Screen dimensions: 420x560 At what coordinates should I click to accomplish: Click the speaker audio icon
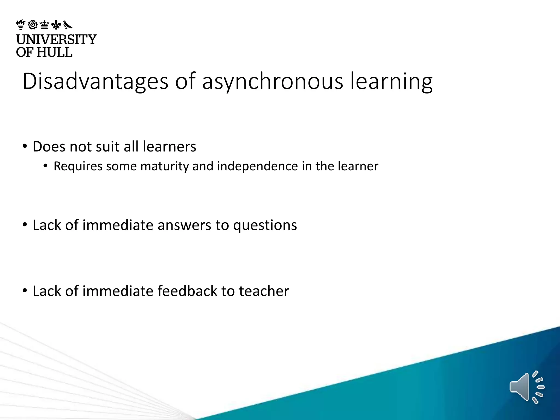[527, 387]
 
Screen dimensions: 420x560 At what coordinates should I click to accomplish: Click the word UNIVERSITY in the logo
[56, 40]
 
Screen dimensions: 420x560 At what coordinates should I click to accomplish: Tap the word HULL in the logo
[54, 52]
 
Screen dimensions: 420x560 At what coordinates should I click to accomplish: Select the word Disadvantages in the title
[95, 81]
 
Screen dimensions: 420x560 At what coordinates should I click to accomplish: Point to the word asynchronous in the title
[272, 82]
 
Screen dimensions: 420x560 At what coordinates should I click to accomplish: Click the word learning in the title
[391, 82]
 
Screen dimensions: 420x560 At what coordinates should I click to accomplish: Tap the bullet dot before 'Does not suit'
[25, 146]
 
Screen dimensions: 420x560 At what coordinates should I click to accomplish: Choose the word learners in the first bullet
[169, 147]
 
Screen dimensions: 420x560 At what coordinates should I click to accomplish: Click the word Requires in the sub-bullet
[78, 166]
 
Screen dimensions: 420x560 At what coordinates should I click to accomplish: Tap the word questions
[265, 226]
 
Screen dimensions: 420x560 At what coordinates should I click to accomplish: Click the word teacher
[264, 291]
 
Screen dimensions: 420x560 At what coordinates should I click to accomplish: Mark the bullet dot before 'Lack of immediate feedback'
[25, 290]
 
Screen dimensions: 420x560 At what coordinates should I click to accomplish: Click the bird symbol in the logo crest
[68, 25]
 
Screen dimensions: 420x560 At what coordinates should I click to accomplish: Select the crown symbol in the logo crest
[44, 25]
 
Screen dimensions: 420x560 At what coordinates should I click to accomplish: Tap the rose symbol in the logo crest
[33, 25]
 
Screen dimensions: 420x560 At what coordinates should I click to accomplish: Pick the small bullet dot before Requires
[45, 166]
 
